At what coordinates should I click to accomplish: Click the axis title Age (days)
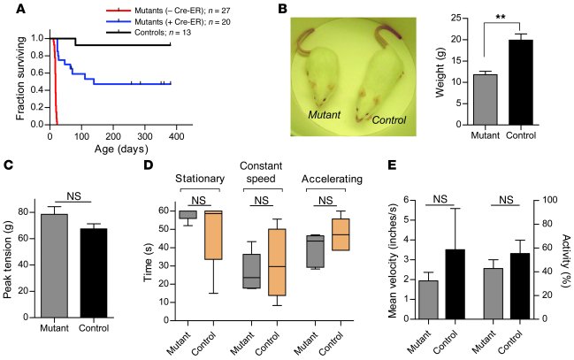tap(114, 149)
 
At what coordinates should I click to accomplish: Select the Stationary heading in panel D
tap(200, 175)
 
